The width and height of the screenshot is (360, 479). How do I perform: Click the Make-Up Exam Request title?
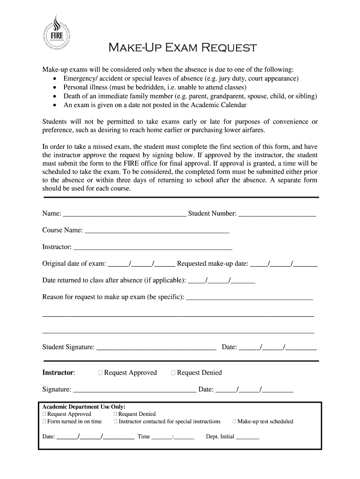(183, 48)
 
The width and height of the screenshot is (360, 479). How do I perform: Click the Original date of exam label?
(74, 263)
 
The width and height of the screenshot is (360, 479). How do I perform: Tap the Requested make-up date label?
(213, 263)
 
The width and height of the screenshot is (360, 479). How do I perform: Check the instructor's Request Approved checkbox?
(101, 373)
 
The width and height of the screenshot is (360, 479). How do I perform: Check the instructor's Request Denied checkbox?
(173, 373)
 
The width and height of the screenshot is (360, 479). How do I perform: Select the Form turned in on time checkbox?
(44, 421)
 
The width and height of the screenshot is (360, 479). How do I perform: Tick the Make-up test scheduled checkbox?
(235, 421)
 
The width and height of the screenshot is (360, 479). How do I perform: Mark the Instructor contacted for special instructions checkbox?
(115, 421)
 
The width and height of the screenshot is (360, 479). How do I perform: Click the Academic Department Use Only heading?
(84, 406)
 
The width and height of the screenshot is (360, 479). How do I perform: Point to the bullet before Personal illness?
(55, 87)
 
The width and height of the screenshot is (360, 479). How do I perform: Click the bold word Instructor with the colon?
(58, 373)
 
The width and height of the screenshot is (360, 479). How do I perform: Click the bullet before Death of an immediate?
(55, 96)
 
